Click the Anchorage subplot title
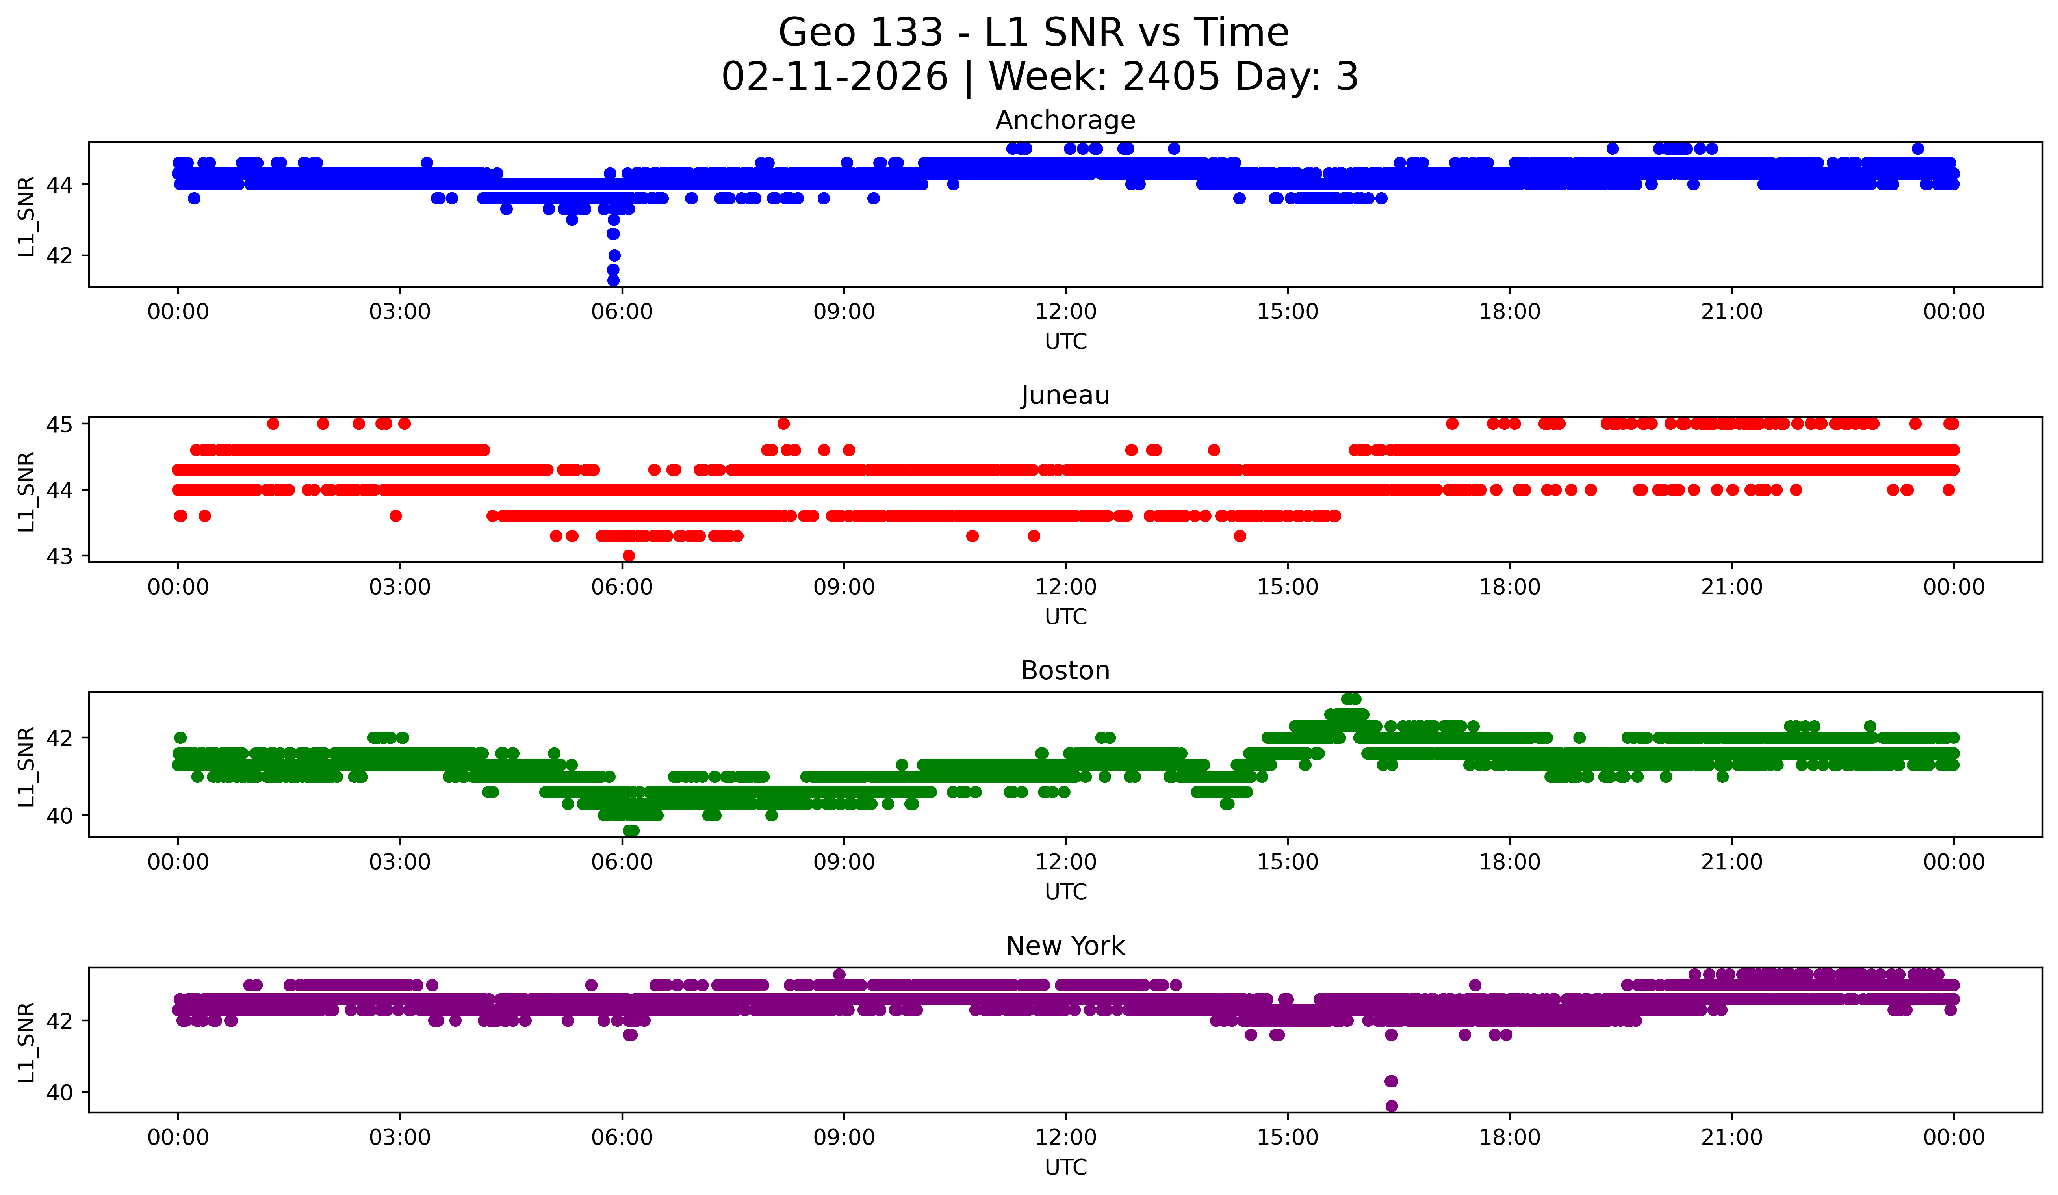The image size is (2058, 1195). pyautogui.click(x=1065, y=120)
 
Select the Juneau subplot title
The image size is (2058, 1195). pyautogui.click(x=1065, y=395)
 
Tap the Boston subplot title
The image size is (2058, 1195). pyautogui.click(x=1065, y=671)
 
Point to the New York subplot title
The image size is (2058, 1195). pyautogui.click(x=1065, y=946)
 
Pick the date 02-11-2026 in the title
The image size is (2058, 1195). pyautogui.click(x=835, y=77)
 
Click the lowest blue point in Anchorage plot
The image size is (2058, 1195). pyautogui.click(x=613, y=280)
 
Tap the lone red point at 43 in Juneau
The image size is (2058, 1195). pyautogui.click(x=628, y=556)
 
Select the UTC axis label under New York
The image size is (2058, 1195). pyautogui.click(x=1066, y=1167)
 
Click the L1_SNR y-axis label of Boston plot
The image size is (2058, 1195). pyautogui.click(x=26, y=766)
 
